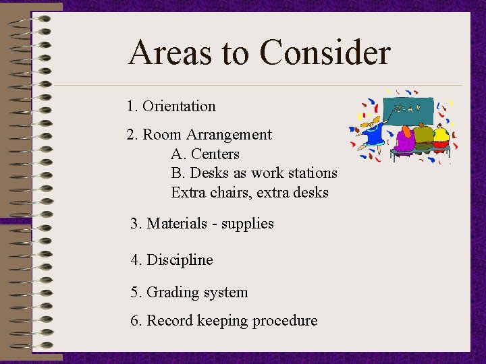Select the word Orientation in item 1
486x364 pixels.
(x=179, y=107)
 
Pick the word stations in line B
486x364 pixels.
(x=311, y=173)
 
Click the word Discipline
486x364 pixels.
(x=180, y=260)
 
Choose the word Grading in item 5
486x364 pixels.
(x=172, y=293)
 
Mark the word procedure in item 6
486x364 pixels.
(x=286, y=321)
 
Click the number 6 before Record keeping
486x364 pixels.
(x=134, y=321)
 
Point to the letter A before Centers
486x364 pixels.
(x=177, y=154)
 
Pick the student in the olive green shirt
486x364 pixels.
(x=423, y=137)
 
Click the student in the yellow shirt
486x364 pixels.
(x=441, y=137)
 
